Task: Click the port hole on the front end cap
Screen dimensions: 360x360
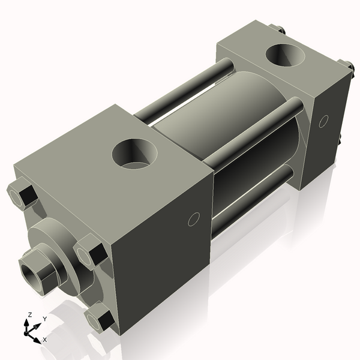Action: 135,154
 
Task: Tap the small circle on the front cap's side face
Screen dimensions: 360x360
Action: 193,220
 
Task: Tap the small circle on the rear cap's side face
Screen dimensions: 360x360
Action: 323,121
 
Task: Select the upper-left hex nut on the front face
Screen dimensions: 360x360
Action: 21,195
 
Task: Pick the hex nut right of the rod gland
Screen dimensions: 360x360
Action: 90,250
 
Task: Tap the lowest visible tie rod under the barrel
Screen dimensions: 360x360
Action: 252,198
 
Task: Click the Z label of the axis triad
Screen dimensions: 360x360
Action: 31,314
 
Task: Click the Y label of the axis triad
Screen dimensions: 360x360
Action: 45,319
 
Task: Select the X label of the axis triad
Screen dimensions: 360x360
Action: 44,340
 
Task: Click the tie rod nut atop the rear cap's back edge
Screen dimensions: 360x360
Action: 277,28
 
